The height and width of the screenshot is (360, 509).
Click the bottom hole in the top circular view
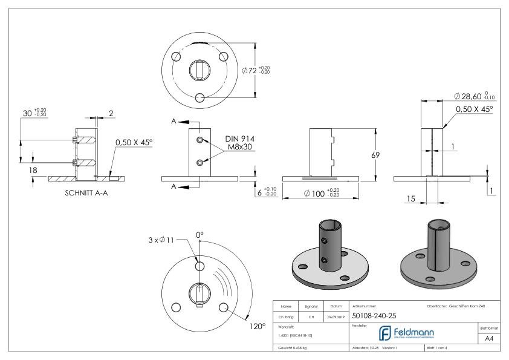[201, 97]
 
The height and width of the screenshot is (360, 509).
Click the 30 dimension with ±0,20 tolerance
[27, 112]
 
